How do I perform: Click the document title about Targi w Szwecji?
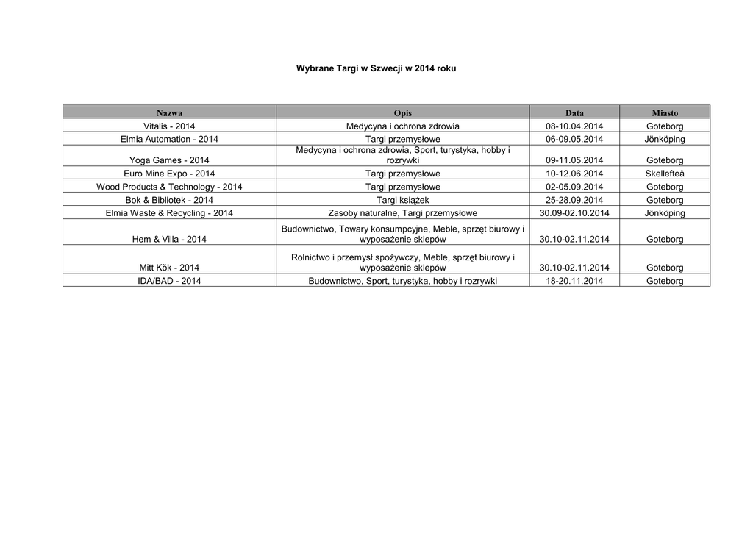coord(376,68)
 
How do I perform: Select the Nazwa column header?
coord(169,112)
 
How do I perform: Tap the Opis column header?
coord(402,112)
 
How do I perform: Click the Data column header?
coord(574,112)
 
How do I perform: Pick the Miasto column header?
coord(665,112)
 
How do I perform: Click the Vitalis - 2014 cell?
coord(169,126)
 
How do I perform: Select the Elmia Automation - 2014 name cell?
coord(169,139)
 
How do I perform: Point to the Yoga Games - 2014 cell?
coord(169,160)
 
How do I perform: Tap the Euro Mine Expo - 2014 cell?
coord(169,174)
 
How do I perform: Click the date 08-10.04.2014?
coord(574,126)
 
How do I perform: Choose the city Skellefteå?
coord(665,174)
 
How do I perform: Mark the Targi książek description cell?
coord(402,200)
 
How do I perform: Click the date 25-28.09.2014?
coord(574,200)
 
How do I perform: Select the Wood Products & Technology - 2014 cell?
coord(169,187)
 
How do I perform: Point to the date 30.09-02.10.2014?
coord(574,213)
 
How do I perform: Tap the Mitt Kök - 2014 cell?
coord(169,268)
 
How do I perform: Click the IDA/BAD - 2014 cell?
coord(169,281)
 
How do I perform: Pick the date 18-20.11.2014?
coord(574,281)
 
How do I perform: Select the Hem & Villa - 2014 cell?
coord(169,240)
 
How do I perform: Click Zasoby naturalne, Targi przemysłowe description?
coord(402,213)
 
